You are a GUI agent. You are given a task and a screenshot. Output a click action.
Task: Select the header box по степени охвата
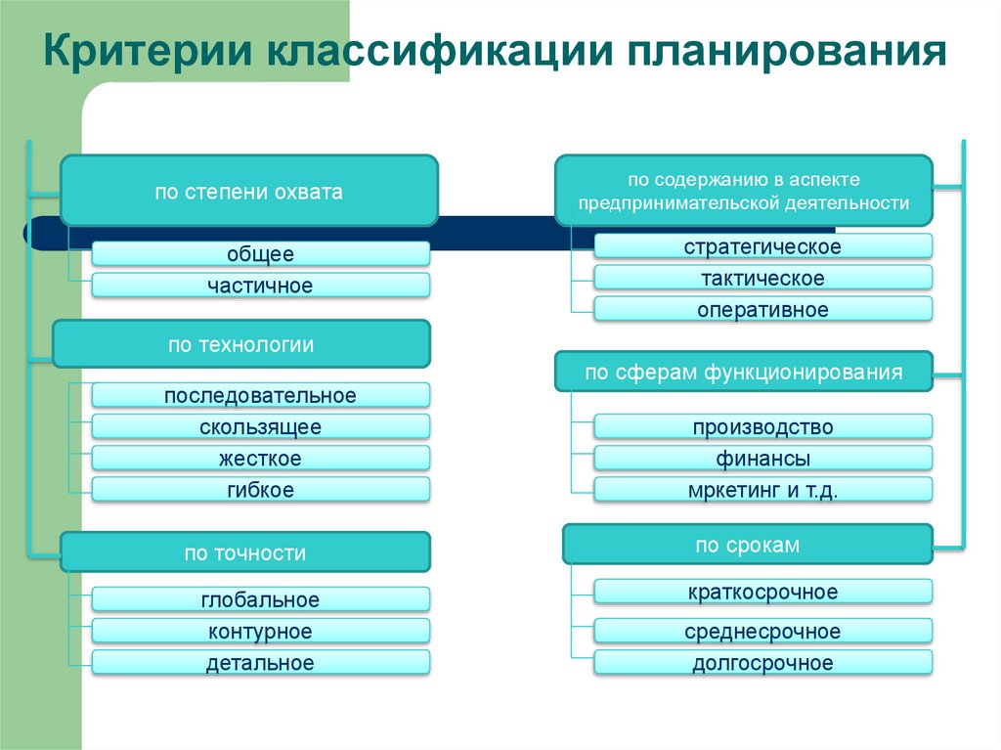pos(248,192)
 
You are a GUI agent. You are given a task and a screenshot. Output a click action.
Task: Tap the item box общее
pos(260,254)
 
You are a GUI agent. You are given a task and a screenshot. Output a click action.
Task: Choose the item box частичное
pos(260,286)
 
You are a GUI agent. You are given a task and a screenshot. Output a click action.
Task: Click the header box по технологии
pos(240,344)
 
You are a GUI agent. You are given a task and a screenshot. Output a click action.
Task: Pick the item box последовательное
pos(260,396)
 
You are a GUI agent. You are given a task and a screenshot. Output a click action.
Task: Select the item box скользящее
pos(260,427)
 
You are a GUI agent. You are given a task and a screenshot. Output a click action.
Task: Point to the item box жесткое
pos(260,459)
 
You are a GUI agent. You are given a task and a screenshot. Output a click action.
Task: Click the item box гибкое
pos(260,490)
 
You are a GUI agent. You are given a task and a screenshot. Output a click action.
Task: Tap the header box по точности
pos(245,552)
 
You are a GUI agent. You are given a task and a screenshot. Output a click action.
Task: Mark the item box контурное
pos(260,632)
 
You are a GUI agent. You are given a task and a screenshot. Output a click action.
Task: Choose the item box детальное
pos(260,663)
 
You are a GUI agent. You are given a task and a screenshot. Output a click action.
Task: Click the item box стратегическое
pos(762,246)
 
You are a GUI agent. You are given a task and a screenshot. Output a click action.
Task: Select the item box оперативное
pos(762,310)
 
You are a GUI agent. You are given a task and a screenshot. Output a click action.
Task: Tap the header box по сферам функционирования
pos(744,373)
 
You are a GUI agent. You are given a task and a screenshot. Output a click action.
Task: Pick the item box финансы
pos(762,459)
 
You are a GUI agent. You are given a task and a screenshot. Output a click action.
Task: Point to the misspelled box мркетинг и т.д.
pos(762,490)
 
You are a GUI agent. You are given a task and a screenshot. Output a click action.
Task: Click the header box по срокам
pos(748,546)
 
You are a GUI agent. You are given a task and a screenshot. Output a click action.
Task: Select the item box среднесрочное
pos(762,632)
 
